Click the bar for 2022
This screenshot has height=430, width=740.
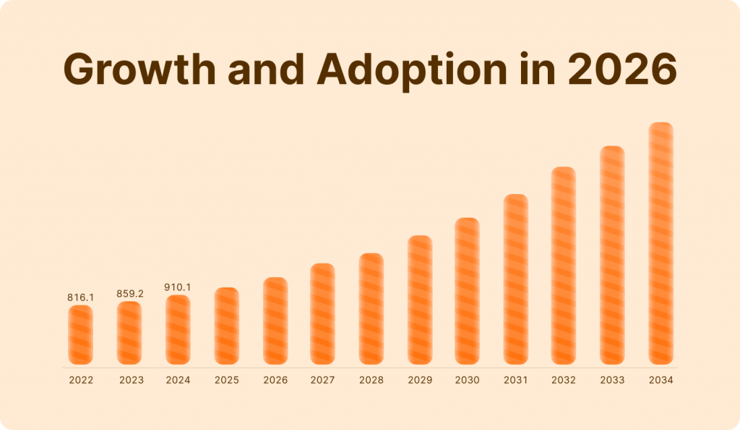pyautogui.click(x=81, y=334)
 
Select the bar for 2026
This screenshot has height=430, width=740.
pyautogui.click(x=275, y=321)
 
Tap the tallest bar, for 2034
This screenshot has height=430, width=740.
pyautogui.click(x=661, y=243)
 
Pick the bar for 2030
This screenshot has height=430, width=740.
pyautogui.click(x=467, y=291)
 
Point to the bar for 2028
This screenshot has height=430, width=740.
pyautogui.click(x=371, y=308)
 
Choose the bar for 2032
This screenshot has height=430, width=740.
pyautogui.click(x=564, y=266)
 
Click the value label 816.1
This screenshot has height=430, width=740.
pyautogui.click(x=81, y=297)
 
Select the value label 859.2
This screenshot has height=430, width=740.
pyautogui.click(x=131, y=294)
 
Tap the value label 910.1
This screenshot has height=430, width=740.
pyautogui.click(x=178, y=287)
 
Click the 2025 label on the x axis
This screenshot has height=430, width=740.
pyautogui.click(x=227, y=380)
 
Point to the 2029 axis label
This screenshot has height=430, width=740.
pyautogui.click(x=420, y=380)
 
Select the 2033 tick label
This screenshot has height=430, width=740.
pyautogui.click(x=613, y=380)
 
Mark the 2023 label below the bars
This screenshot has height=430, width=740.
pyautogui.click(x=131, y=380)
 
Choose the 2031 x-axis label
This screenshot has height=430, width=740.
pyautogui.click(x=516, y=380)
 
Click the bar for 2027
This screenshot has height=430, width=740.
pyautogui.click(x=322, y=313)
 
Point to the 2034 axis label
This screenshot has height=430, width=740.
pyautogui.click(x=661, y=380)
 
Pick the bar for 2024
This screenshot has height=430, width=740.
pyautogui.click(x=178, y=329)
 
